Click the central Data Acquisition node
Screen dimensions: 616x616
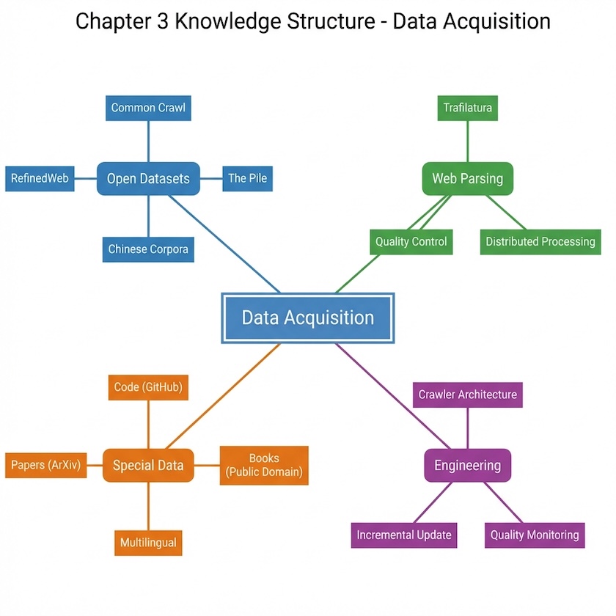(x=308, y=318)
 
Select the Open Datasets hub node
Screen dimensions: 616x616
(x=148, y=178)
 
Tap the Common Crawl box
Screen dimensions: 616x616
(x=148, y=108)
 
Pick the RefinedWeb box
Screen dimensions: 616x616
(x=40, y=178)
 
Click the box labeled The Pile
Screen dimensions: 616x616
(x=247, y=178)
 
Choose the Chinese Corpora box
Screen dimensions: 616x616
(x=148, y=249)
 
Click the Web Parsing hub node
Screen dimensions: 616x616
(x=467, y=178)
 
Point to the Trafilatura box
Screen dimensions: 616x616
(x=467, y=108)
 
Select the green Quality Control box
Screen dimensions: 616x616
(x=411, y=241)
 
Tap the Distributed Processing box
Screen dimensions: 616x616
(x=540, y=241)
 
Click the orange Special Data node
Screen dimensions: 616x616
(x=148, y=465)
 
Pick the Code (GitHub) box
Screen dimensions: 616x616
(x=148, y=387)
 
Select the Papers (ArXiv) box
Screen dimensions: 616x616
(x=45, y=465)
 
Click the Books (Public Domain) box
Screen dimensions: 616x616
(x=264, y=465)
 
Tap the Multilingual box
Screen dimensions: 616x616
(x=148, y=543)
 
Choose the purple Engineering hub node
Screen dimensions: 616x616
(x=467, y=465)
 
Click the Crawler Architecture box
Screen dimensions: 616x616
(x=467, y=395)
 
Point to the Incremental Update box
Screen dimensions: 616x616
(x=404, y=535)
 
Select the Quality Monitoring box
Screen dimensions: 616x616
(x=535, y=535)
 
